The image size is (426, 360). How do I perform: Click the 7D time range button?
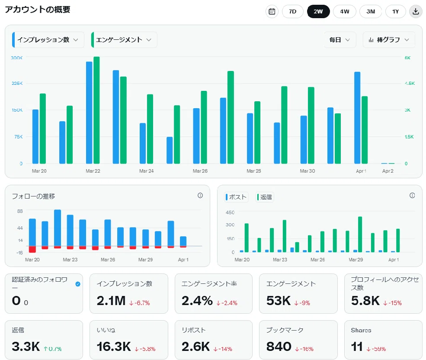tap(293, 11)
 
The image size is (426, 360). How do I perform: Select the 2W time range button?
tap(318, 11)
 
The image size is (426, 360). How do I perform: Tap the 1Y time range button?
tap(396, 11)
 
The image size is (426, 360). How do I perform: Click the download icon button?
tap(416, 11)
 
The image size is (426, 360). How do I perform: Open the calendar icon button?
tap(272, 11)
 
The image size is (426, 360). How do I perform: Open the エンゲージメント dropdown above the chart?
tap(124, 40)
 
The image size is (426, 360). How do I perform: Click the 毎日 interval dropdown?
tap(340, 40)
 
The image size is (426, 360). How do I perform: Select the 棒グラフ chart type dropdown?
tap(389, 40)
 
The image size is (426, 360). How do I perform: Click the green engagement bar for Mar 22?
tap(96, 110)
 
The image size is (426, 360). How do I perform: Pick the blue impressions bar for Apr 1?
tap(357, 118)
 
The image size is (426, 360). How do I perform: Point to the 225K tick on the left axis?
tap(17, 83)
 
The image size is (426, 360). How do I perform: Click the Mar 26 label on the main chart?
tap(200, 171)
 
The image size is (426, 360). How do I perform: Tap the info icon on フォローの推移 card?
tap(200, 196)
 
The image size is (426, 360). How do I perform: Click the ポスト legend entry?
tap(236, 197)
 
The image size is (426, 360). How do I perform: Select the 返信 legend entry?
tap(265, 197)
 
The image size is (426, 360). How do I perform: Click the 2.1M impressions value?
tap(111, 301)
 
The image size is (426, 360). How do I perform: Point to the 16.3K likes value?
tap(114, 347)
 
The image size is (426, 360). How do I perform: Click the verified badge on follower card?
tap(78, 284)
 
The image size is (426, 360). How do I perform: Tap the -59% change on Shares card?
tap(376, 349)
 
